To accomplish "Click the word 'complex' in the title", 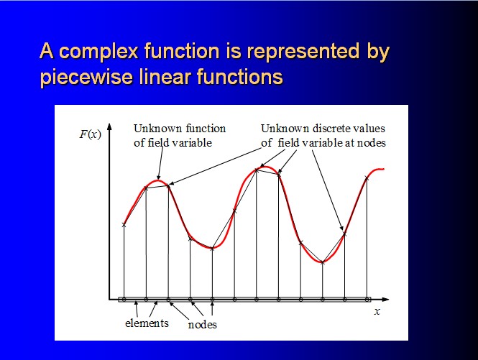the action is click(98, 52).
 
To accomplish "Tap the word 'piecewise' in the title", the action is click(86, 77).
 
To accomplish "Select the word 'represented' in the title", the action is click(303, 52).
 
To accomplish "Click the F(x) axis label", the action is click(91, 134).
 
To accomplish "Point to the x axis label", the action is click(377, 312).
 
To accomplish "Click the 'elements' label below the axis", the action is click(147, 323).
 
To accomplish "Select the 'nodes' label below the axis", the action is click(203, 325).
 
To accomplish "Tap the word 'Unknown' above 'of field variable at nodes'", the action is click(285, 129).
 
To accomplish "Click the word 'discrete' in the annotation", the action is click(331, 129).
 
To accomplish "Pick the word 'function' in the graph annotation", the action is click(206, 129).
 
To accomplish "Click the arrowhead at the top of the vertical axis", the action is click(109, 126).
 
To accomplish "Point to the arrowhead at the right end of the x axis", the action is click(385, 300).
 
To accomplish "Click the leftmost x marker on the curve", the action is click(124, 225).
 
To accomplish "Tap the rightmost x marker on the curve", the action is click(367, 178).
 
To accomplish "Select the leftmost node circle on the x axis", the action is click(124, 300).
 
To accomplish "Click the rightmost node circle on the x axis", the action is click(367, 300).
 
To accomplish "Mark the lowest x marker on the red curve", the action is click(323, 262).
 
